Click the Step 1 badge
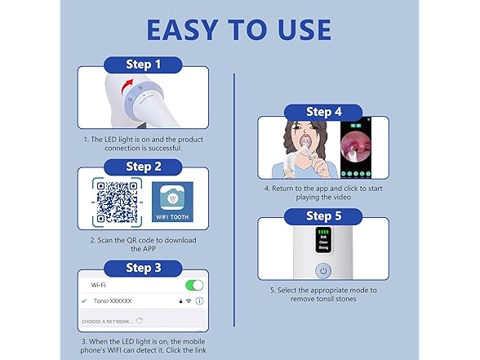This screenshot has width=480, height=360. [143, 63]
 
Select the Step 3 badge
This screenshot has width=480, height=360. [143, 267]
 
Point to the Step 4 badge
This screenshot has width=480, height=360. [323, 113]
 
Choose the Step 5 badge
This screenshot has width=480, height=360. [323, 216]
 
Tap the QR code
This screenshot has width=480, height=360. [116, 204]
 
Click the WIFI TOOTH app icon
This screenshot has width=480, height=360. [172, 203]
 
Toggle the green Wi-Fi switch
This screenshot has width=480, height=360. [195, 285]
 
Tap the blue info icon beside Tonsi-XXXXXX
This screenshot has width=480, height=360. [200, 301]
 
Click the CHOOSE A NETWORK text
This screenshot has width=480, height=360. [108, 322]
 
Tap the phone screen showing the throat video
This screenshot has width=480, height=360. [361, 150]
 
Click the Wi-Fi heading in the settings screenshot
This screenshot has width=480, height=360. [99, 285]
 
